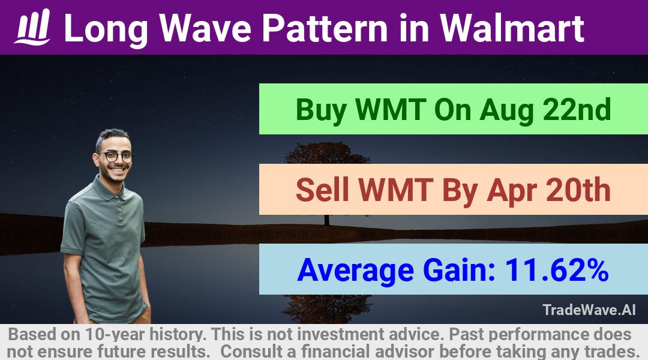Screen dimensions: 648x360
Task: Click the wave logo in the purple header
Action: [32, 27]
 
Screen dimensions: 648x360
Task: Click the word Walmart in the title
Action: [512, 28]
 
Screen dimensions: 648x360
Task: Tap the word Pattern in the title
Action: [325, 28]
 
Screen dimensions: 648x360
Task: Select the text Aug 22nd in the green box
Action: [545, 110]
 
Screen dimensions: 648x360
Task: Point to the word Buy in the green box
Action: [321, 110]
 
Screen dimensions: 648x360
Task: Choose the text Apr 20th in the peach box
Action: [548, 191]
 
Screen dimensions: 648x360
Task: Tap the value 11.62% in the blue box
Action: [557, 270]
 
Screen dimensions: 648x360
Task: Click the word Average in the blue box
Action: [355, 271]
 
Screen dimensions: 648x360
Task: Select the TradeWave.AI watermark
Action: [589, 310]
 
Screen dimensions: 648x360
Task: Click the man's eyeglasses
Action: [116, 157]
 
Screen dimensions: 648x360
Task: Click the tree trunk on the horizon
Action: [327, 220]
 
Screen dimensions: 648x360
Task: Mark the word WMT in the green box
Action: [391, 110]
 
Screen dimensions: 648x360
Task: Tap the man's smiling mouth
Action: [118, 169]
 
